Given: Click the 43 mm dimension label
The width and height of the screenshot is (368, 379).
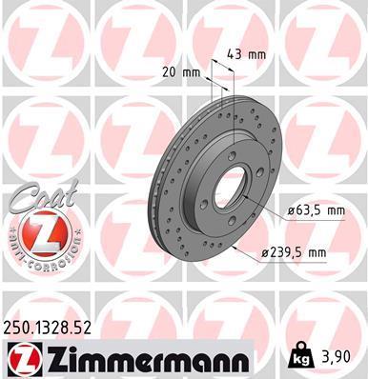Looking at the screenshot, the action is [x=247, y=55].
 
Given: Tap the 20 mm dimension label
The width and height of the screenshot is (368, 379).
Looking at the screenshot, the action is [x=181, y=73].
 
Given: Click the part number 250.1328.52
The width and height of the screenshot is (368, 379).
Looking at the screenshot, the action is [x=47, y=328].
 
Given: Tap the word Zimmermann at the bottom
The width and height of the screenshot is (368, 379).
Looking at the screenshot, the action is [x=146, y=359].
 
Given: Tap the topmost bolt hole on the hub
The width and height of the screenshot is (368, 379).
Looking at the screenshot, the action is [x=233, y=155].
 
